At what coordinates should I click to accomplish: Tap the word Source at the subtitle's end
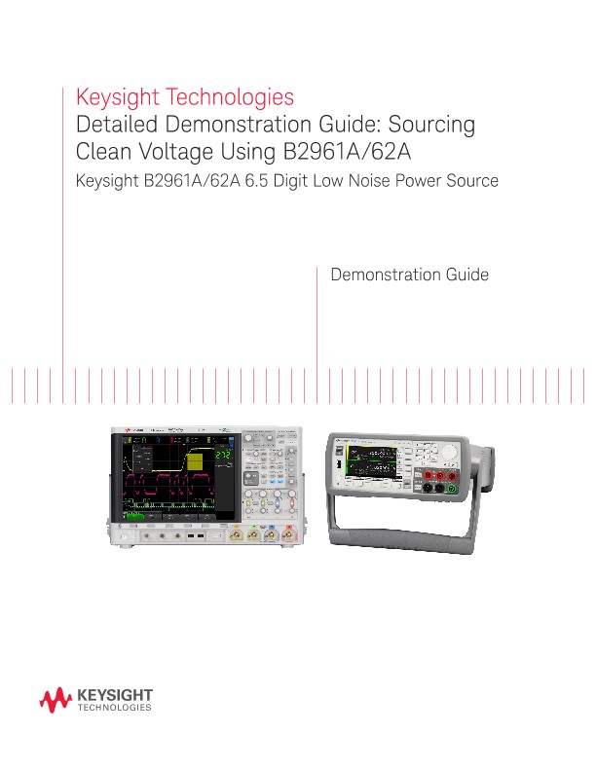(470, 181)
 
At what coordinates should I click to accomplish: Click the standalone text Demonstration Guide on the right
(410, 275)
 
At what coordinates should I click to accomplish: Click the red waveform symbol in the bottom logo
(55, 701)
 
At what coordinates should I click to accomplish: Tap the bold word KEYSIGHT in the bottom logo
(113, 695)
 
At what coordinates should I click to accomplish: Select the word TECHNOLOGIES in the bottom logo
(113, 710)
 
